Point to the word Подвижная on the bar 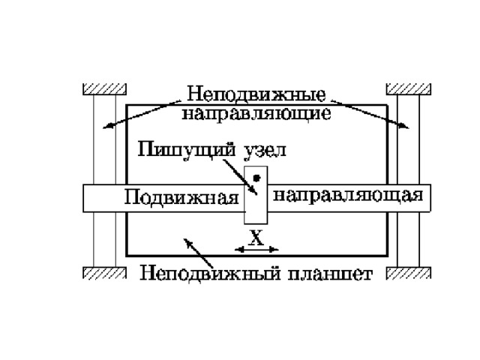(x=180, y=199)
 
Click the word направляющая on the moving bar (x=349, y=196)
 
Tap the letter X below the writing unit (x=256, y=237)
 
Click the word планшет (x=331, y=274)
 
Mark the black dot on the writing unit (x=256, y=178)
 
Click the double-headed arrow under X (x=256, y=249)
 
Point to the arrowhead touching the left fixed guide (x=108, y=126)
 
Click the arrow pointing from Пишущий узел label (x=250, y=180)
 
